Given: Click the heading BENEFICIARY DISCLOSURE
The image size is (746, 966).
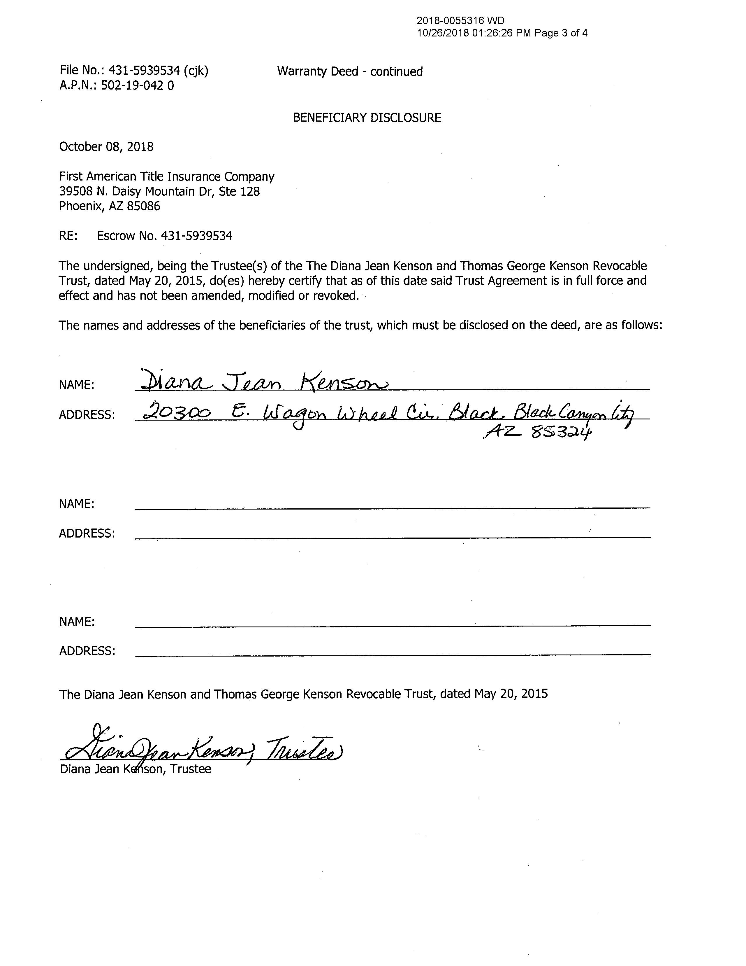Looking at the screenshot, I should click(x=367, y=118).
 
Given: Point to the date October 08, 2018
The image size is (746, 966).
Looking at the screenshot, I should click(x=106, y=147).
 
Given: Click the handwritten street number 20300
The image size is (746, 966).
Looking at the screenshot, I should click(x=176, y=413).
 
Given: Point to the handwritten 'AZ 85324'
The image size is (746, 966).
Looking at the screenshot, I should click(x=536, y=433).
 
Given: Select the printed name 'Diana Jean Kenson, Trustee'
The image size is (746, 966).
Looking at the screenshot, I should click(x=135, y=769).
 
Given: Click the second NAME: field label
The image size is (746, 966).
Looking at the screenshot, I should click(x=76, y=504).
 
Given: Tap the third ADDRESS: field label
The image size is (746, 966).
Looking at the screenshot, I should click(x=87, y=651).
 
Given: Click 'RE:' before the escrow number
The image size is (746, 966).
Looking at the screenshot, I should click(x=68, y=236).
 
